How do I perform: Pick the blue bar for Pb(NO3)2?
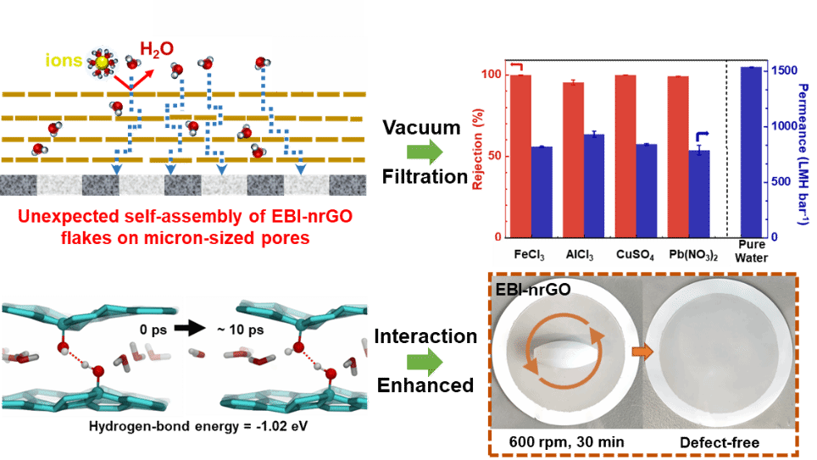pos(699,193)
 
